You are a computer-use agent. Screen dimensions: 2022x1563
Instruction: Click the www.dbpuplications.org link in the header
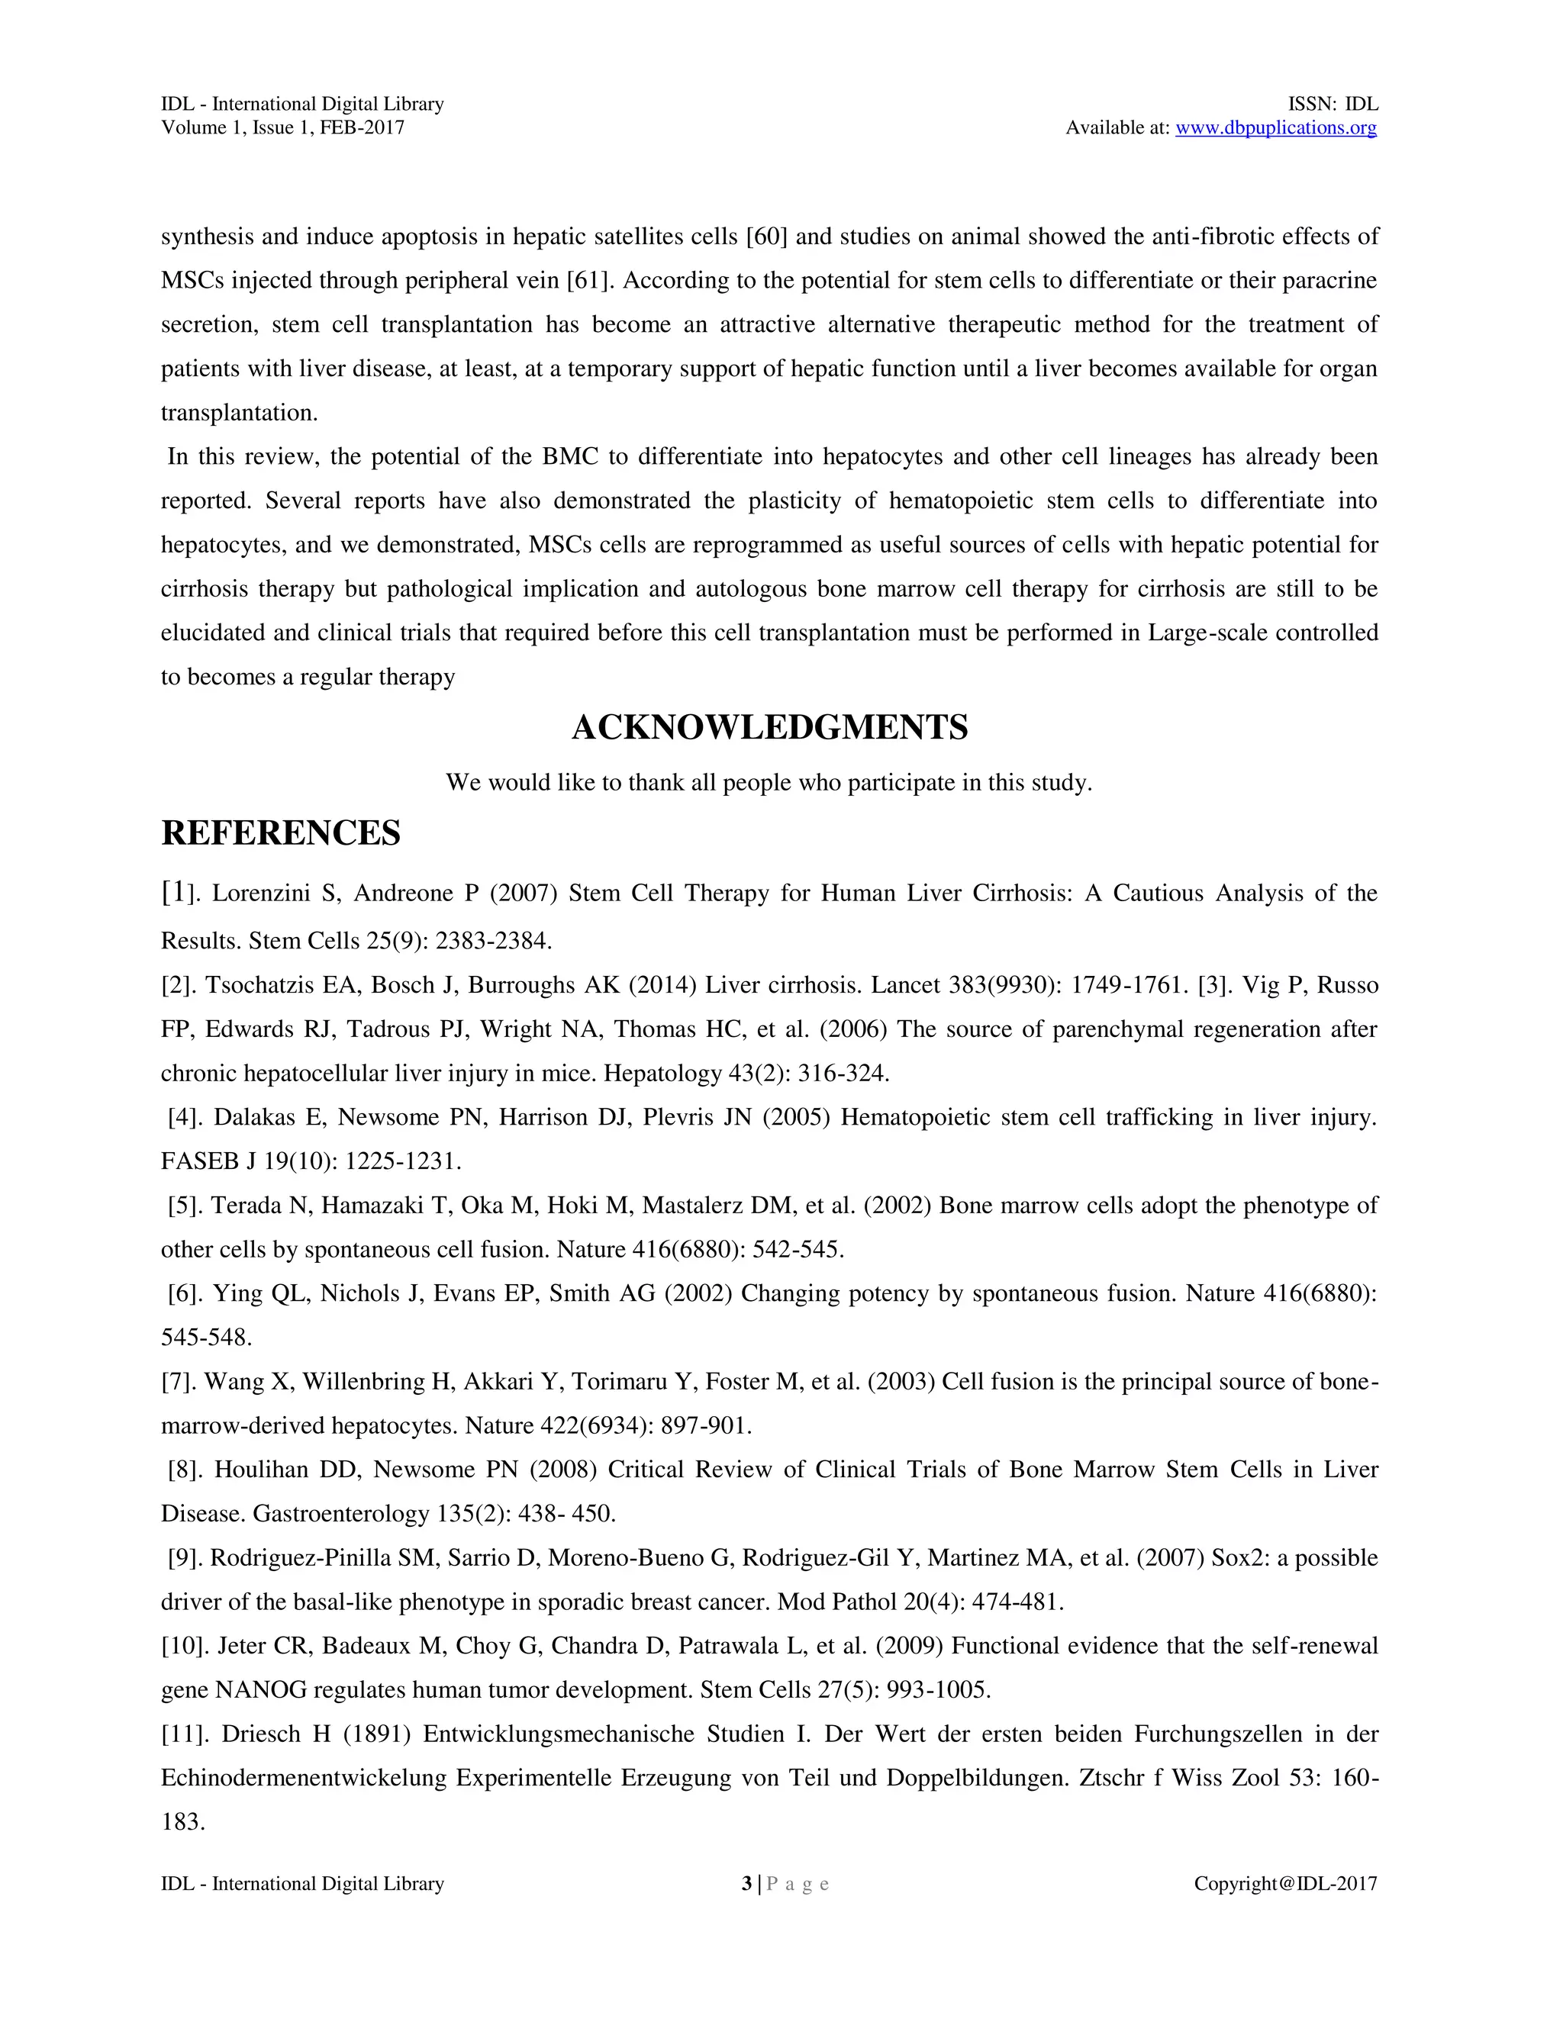coord(1275,127)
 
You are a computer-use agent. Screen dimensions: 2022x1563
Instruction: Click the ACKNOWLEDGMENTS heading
coord(769,728)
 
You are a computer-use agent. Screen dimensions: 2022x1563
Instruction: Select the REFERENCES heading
coord(281,833)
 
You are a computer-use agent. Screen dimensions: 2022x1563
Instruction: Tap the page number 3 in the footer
coord(746,1883)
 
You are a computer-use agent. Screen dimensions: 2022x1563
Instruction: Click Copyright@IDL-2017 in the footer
coord(1285,1883)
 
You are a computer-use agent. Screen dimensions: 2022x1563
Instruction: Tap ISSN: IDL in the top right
coord(1333,104)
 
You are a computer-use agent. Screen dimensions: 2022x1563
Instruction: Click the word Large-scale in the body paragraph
coord(1201,633)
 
